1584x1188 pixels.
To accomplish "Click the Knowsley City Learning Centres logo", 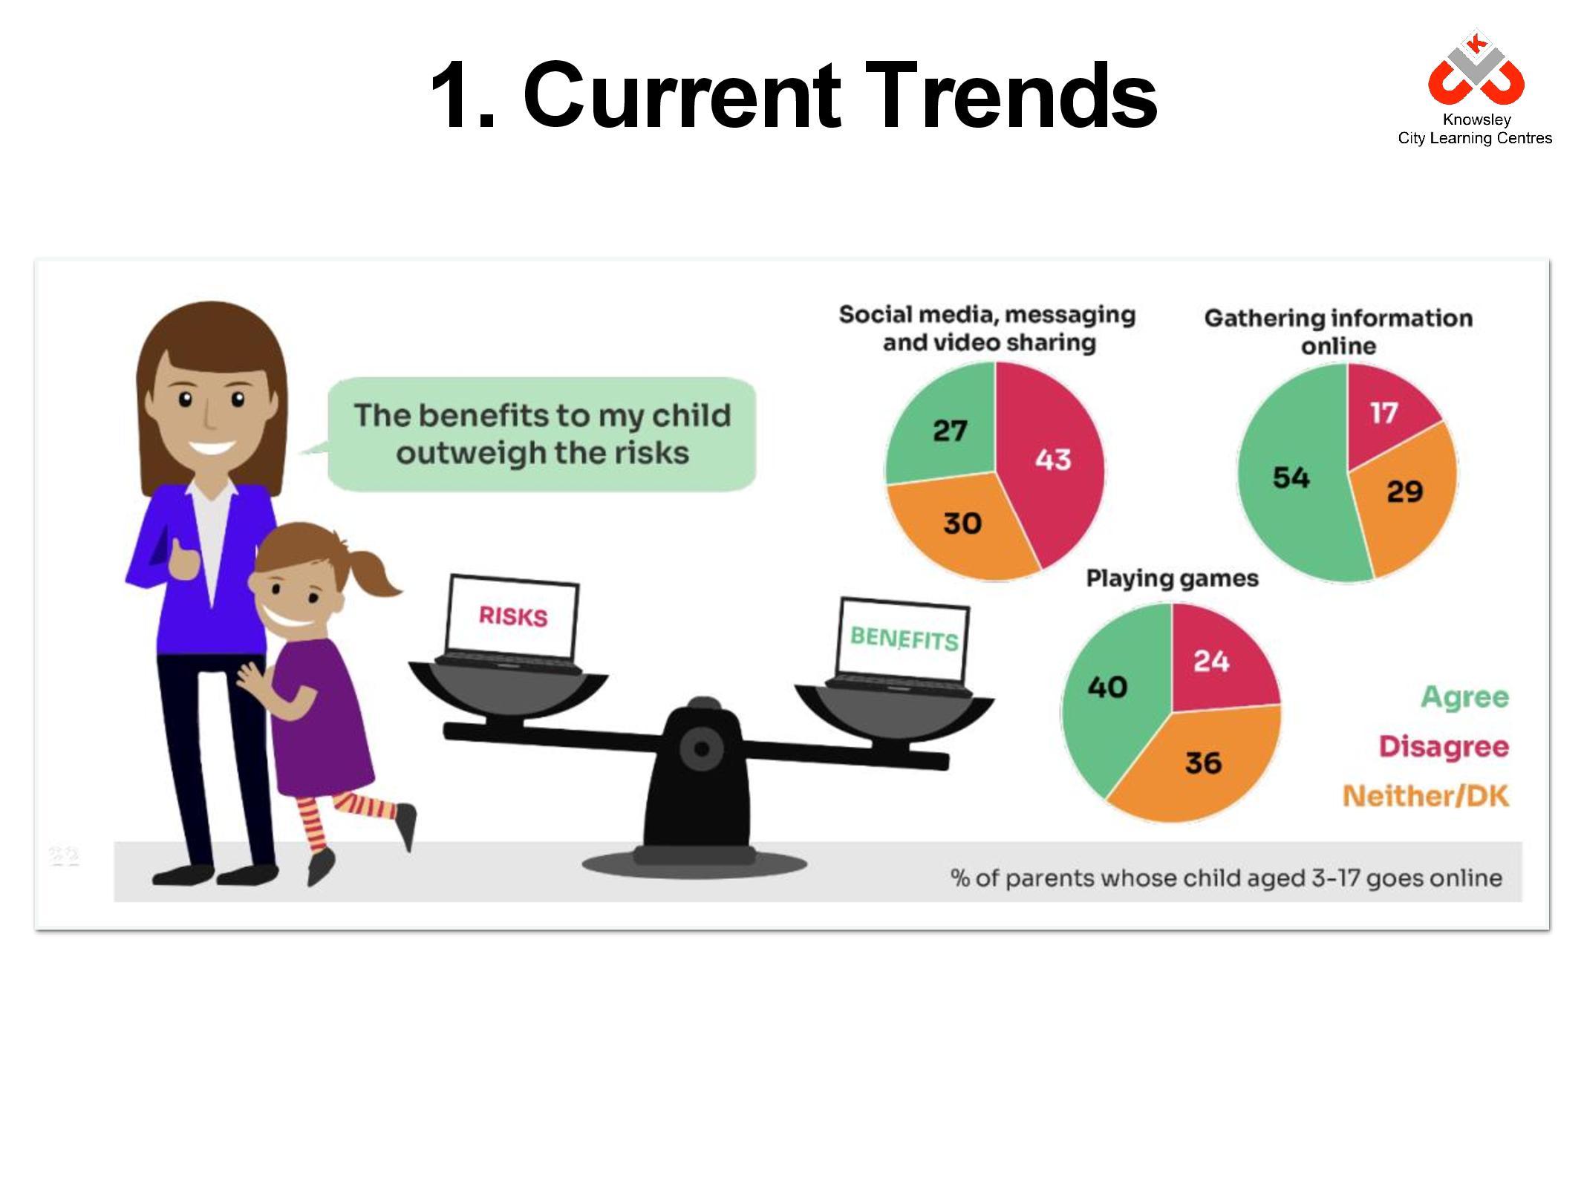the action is click(1474, 88).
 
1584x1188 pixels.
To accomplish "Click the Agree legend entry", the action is click(1464, 697).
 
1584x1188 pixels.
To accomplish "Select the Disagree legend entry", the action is click(1444, 746).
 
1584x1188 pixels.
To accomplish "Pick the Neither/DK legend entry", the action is click(1426, 797).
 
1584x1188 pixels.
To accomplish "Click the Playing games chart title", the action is click(1172, 578).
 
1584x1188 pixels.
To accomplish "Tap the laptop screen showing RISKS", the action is click(512, 616).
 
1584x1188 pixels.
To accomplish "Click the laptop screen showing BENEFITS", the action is click(904, 639).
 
